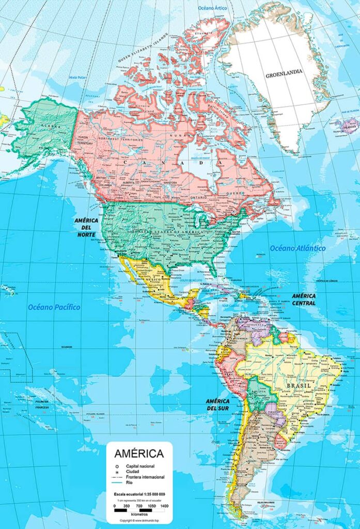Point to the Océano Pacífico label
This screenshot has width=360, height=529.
(x=54, y=307)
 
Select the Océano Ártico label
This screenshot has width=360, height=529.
(x=213, y=8)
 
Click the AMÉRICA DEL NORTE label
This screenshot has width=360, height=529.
(x=86, y=227)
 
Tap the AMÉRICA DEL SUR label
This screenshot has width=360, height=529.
(x=217, y=405)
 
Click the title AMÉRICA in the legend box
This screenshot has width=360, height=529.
(x=139, y=454)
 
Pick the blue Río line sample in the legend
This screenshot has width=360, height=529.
(x=117, y=483)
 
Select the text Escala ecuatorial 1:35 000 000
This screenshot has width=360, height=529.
(x=139, y=494)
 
